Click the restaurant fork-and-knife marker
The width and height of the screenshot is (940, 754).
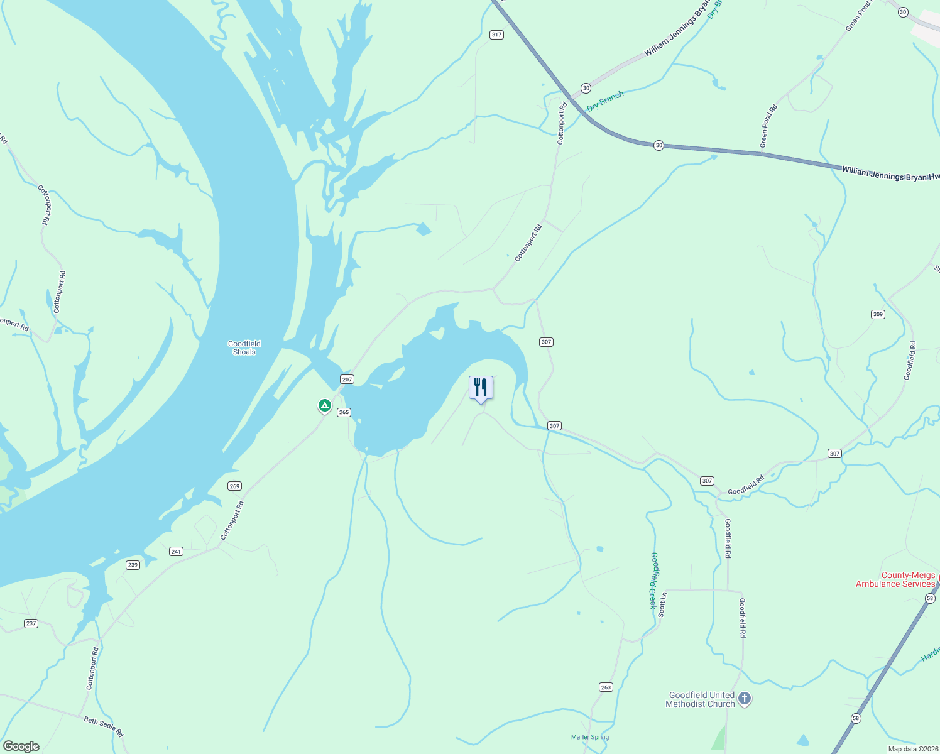pos(481,388)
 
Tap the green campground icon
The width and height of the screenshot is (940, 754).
pos(324,406)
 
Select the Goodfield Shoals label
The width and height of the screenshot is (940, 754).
pos(244,347)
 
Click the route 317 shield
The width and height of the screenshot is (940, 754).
pos(496,35)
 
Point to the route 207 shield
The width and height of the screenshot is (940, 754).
pos(347,379)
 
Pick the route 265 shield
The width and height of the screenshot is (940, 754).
pos(344,412)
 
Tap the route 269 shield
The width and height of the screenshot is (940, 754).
pos(234,486)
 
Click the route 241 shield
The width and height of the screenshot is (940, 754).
pos(176,552)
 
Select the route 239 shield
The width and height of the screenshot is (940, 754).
pos(133,565)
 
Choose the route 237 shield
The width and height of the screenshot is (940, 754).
pos(31,623)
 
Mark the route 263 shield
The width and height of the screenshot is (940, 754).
pos(606,687)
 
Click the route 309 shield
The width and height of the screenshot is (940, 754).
pos(878,314)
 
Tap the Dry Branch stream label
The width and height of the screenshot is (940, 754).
pos(605,101)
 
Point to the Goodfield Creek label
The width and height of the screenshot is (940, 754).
pos(653,581)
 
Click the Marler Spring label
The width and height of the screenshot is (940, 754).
pos(590,737)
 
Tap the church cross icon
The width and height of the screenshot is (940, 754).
pos(745,698)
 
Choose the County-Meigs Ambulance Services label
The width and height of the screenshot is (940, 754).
pos(895,579)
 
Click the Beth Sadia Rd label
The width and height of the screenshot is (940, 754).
pos(104,726)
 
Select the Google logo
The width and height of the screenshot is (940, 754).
pos(21,746)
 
